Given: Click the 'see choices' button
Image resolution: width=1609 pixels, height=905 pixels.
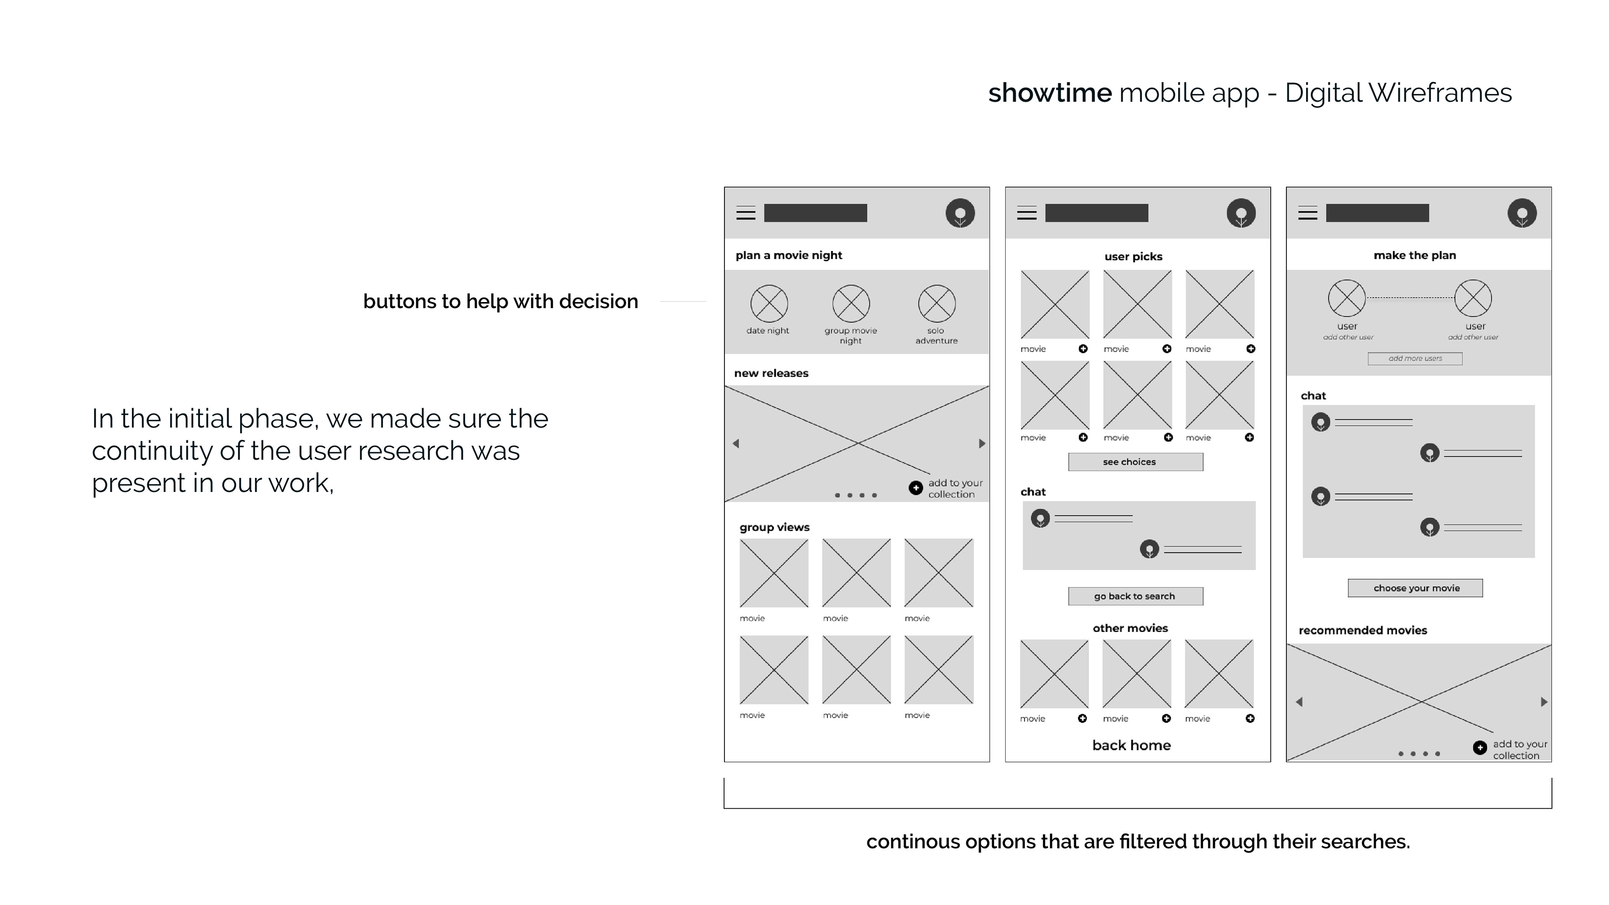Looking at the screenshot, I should click(1135, 462).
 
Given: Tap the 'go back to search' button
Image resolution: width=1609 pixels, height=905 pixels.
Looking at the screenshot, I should click(1135, 597).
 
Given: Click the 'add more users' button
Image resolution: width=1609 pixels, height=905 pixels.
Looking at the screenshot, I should click(1415, 359).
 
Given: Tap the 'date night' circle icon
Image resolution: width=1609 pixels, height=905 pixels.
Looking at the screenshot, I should click(769, 303).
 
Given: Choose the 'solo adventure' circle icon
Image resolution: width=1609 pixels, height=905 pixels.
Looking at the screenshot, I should click(936, 303).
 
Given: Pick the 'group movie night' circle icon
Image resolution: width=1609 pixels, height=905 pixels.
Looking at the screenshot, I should click(851, 303).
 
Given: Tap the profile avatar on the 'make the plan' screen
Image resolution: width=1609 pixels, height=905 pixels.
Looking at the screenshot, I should click(1521, 214).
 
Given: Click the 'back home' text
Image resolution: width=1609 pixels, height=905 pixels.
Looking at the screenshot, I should click(1131, 745).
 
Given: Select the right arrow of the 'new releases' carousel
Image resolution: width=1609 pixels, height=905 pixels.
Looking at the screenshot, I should click(981, 443).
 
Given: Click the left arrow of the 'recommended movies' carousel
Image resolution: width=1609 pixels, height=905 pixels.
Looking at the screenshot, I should click(1299, 702).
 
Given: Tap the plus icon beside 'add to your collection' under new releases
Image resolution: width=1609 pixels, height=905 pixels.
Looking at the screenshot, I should click(916, 488).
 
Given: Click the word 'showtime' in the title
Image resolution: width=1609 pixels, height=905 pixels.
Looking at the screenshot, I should click(1049, 93).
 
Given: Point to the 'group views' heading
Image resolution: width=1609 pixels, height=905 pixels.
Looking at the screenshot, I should click(774, 527).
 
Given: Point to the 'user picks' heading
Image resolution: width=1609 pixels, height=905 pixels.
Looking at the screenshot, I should click(1133, 257).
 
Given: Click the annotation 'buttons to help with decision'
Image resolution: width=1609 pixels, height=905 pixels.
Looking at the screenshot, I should click(500, 302).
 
